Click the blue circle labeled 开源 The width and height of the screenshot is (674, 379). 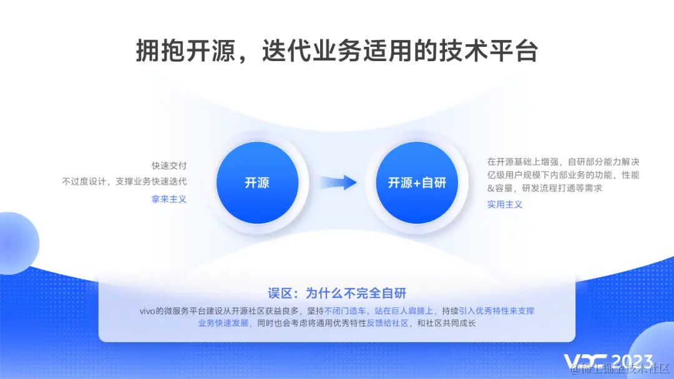[256, 183]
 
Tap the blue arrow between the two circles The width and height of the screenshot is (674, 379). [339, 183]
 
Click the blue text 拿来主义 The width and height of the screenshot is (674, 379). [169, 199]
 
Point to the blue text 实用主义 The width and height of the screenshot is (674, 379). [505, 204]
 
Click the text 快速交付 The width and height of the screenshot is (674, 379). [169, 166]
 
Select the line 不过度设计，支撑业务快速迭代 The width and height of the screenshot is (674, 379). [125, 181]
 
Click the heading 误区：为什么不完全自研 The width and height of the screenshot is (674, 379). [338, 293]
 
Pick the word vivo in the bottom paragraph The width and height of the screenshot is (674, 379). [147, 310]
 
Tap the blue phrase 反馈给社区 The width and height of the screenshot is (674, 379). [388, 323]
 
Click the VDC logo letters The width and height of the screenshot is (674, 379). [586, 362]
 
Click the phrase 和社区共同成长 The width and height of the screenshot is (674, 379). [446, 323]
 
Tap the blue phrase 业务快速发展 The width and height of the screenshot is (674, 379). [223, 323]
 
